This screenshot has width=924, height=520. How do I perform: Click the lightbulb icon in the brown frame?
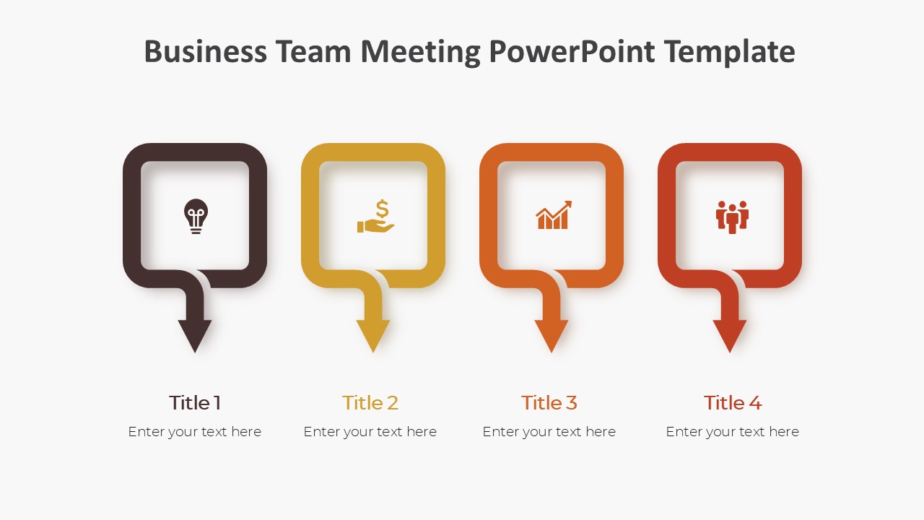point(195,216)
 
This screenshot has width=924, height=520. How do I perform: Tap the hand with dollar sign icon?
point(376,217)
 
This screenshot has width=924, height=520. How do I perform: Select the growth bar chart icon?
point(554,215)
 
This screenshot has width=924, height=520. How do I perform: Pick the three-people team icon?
point(732,217)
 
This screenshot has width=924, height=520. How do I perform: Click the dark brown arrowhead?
point(195,335)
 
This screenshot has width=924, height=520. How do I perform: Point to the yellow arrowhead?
point(373,335)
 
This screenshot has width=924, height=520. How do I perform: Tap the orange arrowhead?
point(552,335)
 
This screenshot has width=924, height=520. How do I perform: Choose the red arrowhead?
point(730,335)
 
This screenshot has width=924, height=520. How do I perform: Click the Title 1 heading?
point(195,402)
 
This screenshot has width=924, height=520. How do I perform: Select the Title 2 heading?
point(370,402)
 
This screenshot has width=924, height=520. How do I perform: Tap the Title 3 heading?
point(549,402)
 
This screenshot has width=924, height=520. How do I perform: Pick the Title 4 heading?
point(733,402)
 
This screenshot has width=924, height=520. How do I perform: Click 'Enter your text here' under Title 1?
point(195,432)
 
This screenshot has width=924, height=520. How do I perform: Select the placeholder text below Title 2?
point(370,432)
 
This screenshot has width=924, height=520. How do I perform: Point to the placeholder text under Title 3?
point(549,432)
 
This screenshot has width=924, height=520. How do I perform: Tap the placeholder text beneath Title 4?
point(733,432)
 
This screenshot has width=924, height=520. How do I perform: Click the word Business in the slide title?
point(205,52)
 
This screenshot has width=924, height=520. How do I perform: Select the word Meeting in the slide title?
point(421,52)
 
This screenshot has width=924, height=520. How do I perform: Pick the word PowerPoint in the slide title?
point(572,52)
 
